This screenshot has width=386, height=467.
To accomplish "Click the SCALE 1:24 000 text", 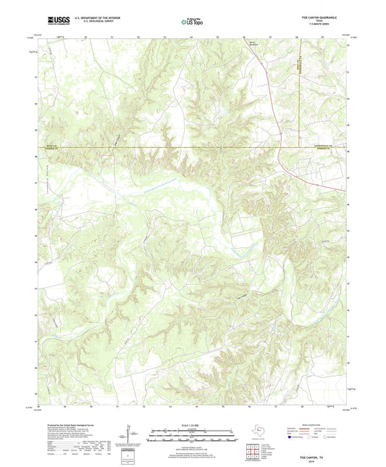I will point(193,424).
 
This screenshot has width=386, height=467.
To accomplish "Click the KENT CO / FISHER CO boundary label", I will point(48,148).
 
